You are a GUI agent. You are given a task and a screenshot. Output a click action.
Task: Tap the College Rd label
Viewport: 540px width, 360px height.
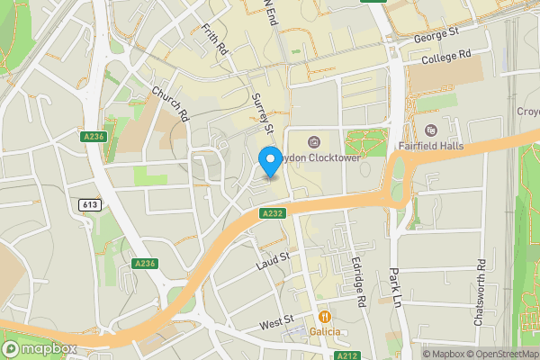(446, 57)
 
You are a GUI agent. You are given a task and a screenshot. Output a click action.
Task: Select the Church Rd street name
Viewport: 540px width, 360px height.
(170, 104)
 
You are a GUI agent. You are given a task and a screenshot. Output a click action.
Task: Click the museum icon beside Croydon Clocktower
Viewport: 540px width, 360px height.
(314, 141)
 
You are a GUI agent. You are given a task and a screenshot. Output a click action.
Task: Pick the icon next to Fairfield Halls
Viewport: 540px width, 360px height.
(429, 130)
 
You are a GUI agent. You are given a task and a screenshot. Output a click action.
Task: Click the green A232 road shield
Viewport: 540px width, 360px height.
(273, 213)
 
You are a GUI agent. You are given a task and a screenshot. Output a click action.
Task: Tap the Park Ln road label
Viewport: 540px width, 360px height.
(395, 287)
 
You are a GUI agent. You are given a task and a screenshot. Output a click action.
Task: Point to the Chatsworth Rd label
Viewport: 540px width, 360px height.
(481, 292)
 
